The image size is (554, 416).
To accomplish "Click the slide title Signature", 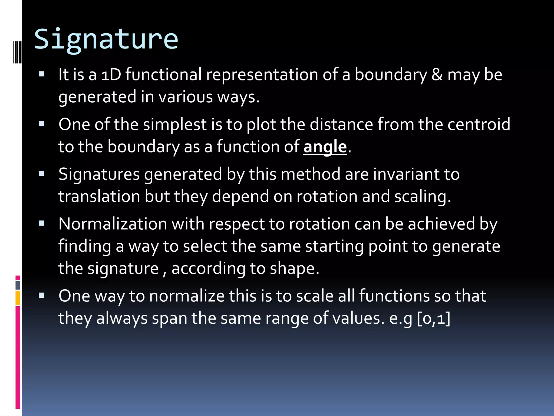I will click(x=106, y=39).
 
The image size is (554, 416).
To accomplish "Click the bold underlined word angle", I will click(x=325, y=147).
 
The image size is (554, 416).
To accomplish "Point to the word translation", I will click(x=99, y=196).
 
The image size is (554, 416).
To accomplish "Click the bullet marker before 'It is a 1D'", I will click(x=41, y=74).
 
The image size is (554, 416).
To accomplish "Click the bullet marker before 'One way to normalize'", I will click(x=41, y=295).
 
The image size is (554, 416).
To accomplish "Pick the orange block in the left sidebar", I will click(x=18, y=298).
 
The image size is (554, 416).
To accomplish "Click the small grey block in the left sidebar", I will click(x=18, y=285).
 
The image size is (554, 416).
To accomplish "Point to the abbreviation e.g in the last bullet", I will click(x=400, y=318).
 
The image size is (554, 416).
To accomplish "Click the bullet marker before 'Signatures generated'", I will click(x=41, y=174).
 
